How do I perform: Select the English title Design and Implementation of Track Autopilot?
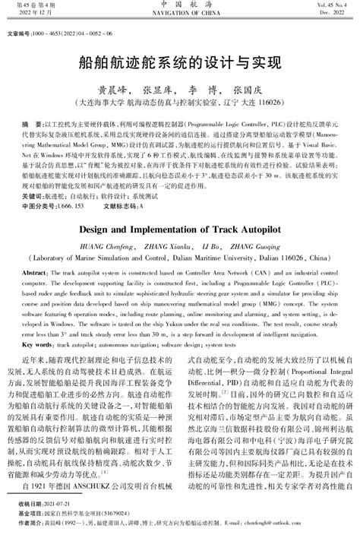point(180,227)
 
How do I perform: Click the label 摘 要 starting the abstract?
point(32,123)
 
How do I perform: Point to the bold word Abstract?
point(36,273)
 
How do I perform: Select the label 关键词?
point(32,195)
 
